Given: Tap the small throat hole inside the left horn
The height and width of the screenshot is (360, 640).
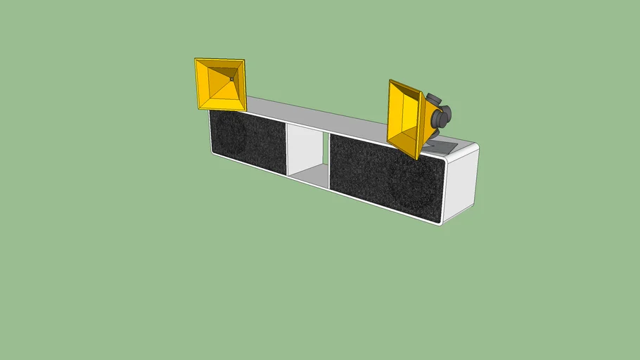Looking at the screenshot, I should (x=231, y=79).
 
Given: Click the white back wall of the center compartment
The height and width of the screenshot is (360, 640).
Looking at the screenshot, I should (x=304, y=148).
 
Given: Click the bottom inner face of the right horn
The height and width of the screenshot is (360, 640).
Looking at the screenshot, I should (x=408, y=141).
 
